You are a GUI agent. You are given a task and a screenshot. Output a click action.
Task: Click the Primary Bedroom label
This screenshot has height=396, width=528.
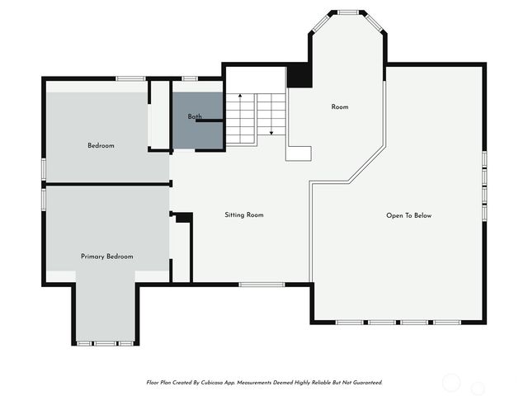[106, 257]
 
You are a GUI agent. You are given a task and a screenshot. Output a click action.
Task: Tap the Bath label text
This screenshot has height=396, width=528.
[194, 116]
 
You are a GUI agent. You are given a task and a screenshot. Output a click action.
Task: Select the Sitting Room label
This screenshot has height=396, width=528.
[244, 215]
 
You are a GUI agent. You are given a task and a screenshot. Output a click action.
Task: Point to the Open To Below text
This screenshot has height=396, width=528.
[408, 215]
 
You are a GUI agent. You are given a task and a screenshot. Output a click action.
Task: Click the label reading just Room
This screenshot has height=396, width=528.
[340, 107]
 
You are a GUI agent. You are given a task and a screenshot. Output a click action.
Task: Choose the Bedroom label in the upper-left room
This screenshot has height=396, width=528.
[101, 146]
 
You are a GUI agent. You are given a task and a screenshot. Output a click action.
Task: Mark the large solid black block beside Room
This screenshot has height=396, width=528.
[299, 76]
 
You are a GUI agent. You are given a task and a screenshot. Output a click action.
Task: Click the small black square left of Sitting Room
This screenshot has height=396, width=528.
[183, 218]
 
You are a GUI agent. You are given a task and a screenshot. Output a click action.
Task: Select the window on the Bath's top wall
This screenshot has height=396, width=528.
[190, 78]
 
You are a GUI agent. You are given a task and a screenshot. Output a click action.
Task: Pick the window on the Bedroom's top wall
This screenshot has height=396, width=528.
[130, 78]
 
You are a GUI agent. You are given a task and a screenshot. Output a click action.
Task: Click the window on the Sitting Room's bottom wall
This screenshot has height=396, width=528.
[262, 285]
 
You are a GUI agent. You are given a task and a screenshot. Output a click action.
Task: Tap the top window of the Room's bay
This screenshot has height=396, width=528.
[346, 12]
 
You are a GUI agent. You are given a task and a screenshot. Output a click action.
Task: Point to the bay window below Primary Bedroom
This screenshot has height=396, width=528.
[105, 342]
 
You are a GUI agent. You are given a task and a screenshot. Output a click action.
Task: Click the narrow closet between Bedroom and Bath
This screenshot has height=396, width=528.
[158, 115]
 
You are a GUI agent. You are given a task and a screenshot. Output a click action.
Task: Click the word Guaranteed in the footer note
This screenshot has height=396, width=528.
[365, 383]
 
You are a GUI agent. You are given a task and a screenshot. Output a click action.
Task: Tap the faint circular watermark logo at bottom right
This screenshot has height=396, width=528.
[452, 382]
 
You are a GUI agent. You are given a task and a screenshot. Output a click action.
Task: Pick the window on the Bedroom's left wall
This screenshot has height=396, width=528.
[44, 167]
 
